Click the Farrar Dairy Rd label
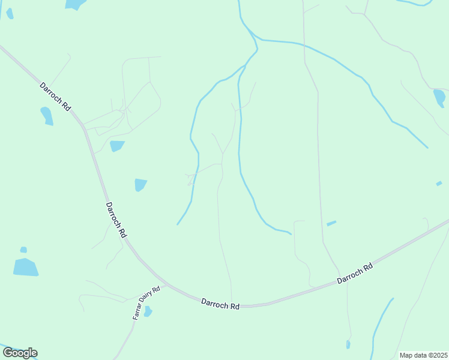tap(146, 302)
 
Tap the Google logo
tap(20, 353)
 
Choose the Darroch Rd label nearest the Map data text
tap(355, 273)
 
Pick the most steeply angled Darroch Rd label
tap(116, 220)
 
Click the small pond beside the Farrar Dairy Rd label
tap(148, 311)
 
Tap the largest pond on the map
tap(25, 267)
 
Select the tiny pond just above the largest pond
tap(23, 250)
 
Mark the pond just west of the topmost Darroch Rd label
tap(46, 115)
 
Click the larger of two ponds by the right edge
tap(439, 97)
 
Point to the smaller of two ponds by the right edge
tap(439, 183)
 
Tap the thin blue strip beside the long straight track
tap(331, 223)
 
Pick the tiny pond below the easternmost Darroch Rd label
tap(348, 344)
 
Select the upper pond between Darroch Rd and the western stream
tap(117, 146)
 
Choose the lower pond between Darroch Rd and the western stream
tap(140, 185)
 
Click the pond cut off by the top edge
tap(75, 4)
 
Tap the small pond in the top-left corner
tap(10, 13)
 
